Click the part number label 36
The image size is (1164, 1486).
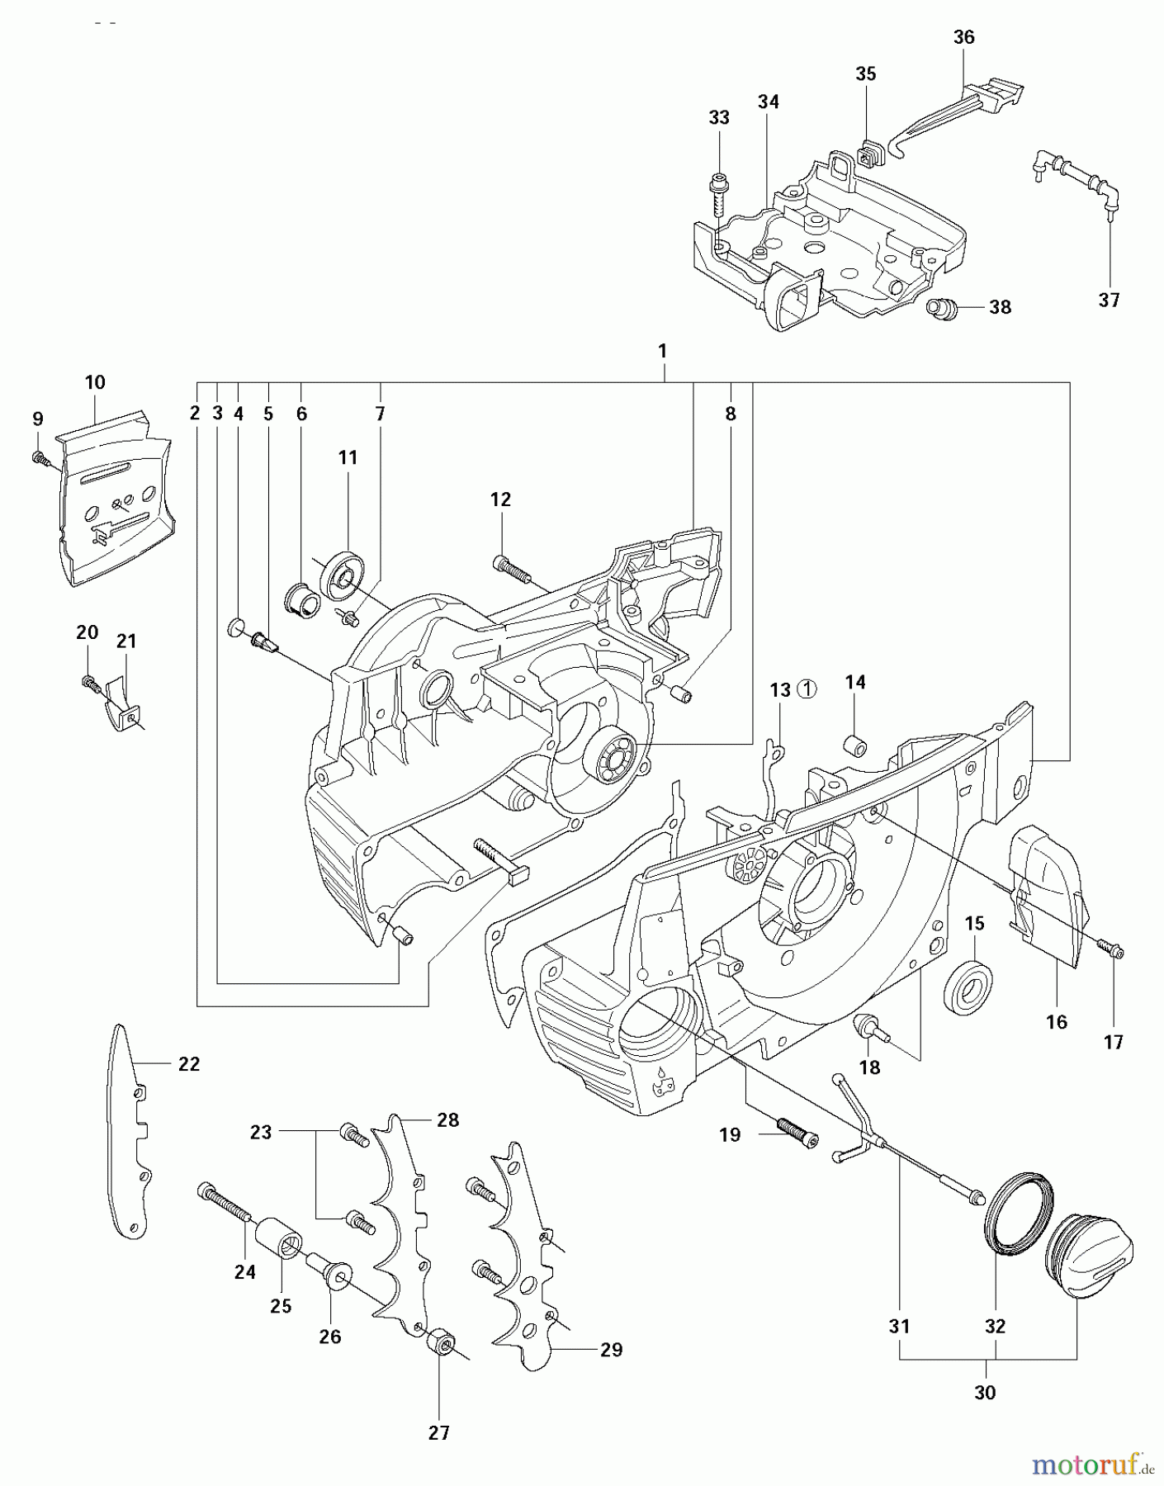pos(963,37)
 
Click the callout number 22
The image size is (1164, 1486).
pos(189,1064)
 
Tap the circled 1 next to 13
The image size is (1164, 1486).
pos(807,689)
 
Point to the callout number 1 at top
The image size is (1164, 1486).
pos(662,351)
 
